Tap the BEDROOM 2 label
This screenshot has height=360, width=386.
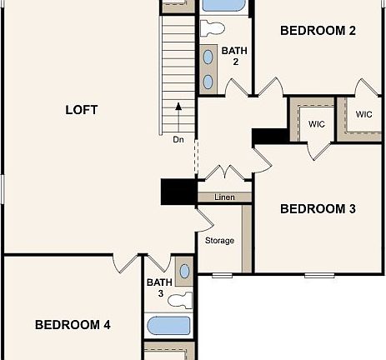[318, 31]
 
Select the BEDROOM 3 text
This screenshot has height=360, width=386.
[318, 208]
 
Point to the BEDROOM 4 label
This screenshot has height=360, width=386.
[73, 325]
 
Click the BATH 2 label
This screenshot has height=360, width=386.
[234, 56]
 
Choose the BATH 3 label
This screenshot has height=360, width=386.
[160, 287]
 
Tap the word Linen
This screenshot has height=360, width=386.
[223, 197]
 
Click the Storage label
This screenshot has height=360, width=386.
[219, 241]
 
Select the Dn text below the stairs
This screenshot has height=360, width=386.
[178, 139]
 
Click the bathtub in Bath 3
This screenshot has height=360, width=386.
[168, 326]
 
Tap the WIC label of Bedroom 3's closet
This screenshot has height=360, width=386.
[315, 123]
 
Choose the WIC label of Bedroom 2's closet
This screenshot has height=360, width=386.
[363, 114]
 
